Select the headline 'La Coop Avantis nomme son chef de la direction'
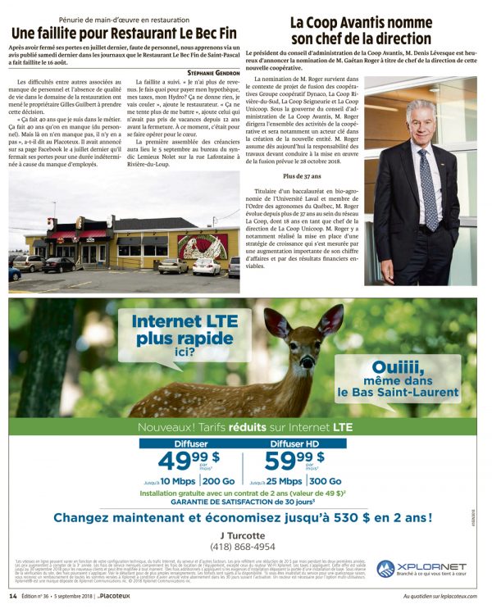pyautogui.click(x=361, y=30)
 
